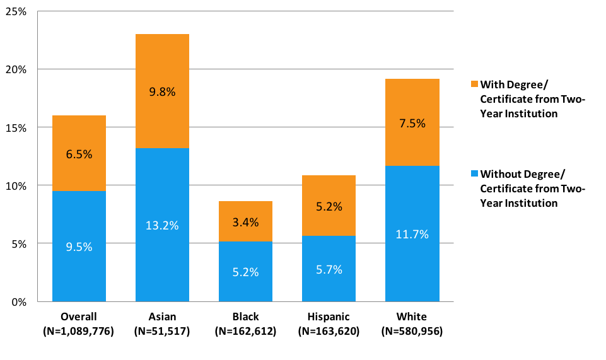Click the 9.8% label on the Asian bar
pyautogui.click(x=162, y=91)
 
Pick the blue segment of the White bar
pyautogui.click(x=412, y=265)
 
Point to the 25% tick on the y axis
pyautogui.click(x=17, y=11)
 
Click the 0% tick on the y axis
pyautogui.click(x=20, y=301)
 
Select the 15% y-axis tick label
pyautogui.click(x=17, y=127)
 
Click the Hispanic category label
pyautogui.click(x=329, y=316)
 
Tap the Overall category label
pyautogui.click(x=79, y=316)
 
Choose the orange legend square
pyautogui.click(x=474, y=84)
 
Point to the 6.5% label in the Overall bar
pyautogui.click(x=79, y=153)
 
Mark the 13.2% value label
pyautogui.click(x=162, y=225)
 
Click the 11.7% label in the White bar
pyautogui.click(x=412, y=235)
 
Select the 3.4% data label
pyautogui.click(x=245, y=222)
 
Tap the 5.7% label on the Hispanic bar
pyautogui.click(x=329, y=270)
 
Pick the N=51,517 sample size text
pyautogui.click(x=162, y=330)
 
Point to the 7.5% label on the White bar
pyautogui.click(x=412, y=124)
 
